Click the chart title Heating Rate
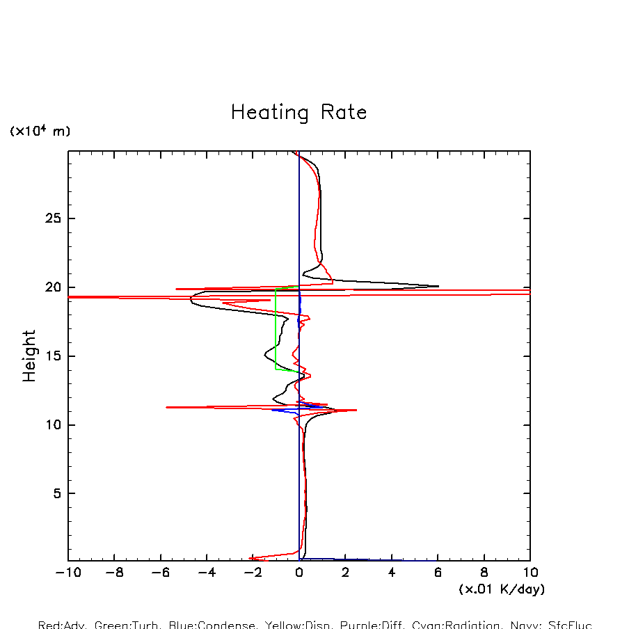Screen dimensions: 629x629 pos(298,113)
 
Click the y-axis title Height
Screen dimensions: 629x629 pos(29,356)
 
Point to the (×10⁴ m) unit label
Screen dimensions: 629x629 pos(40,132)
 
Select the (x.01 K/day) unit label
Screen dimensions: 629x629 pos(502,589)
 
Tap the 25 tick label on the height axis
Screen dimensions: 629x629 pos(51,218)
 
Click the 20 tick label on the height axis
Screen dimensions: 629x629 pos(51,287)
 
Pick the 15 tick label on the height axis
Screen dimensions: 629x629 pos(51,356)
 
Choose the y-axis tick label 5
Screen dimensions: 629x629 pos(56,493)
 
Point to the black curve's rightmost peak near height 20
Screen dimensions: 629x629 pos(437,286)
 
